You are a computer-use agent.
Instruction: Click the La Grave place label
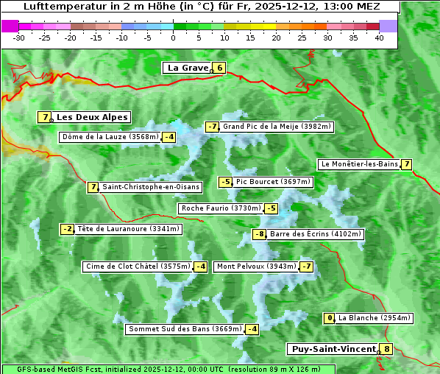pos(187,68)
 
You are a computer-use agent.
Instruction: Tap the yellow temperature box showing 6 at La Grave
pos(219,68)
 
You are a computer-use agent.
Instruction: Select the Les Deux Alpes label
pos(93,117)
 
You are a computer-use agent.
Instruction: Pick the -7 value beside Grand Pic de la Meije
pos(213,127)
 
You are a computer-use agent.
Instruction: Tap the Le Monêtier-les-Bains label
pos(359,164)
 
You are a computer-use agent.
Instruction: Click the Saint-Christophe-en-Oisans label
pos(150,187)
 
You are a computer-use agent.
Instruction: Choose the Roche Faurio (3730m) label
pos(221,208)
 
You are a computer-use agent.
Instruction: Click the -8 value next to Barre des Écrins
pos(259,234)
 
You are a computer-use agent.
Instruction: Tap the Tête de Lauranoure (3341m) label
pos(128,229)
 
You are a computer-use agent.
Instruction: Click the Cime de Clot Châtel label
pos(138,267)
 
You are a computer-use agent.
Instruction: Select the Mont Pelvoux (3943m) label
pos(256,267)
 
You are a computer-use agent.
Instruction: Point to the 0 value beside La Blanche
pos(330,318)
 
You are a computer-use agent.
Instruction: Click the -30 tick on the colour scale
pos(19,38)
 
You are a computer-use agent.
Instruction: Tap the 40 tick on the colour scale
pos(379,38)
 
